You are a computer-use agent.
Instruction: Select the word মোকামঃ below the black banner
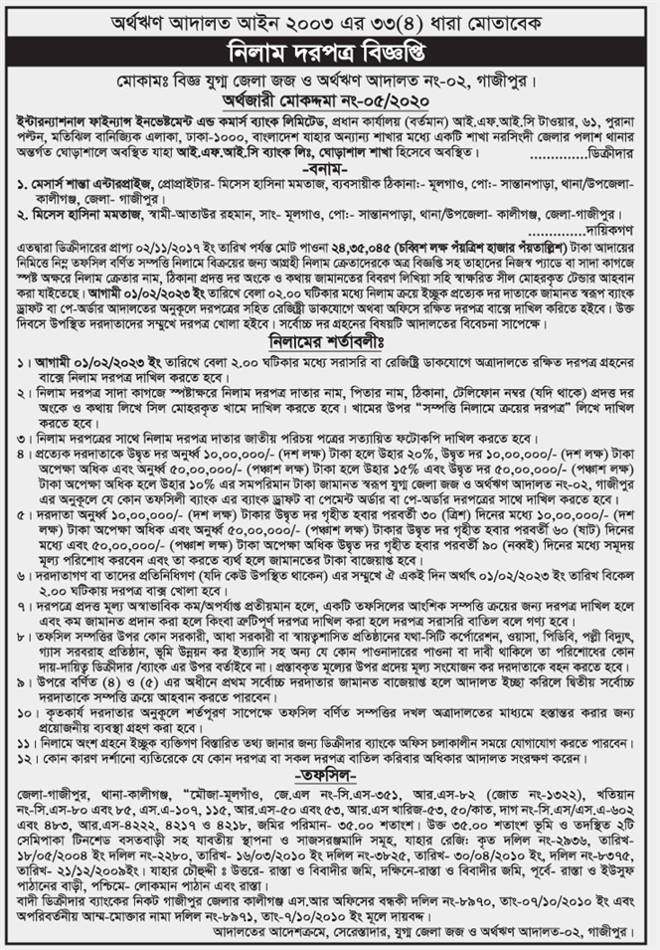click(142, 79)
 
